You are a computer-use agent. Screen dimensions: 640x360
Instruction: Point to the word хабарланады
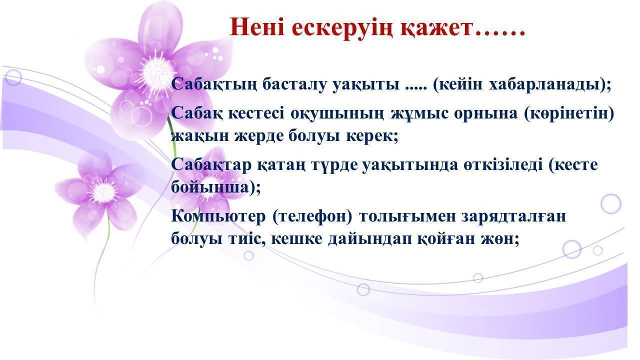pyautogui.click(x=544, y=84)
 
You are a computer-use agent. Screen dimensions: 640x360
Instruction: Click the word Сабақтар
pyautogui.click(x=211, y=165)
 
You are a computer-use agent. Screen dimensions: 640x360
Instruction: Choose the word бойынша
pyautogui.click(x=209, y=188)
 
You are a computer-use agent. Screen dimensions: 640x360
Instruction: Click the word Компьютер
pyautogui.click(x=218, y=216)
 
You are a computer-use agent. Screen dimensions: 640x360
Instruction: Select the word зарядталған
pyautogui.click(x=513, y=217)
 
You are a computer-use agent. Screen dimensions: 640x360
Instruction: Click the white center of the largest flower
pyautogui.click(x=156, y=73)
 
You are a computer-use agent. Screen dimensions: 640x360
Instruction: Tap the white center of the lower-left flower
pyautogui.click(x=103, y=192)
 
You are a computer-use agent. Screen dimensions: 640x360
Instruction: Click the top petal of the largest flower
pyautogui.click(x=160, y=27)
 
